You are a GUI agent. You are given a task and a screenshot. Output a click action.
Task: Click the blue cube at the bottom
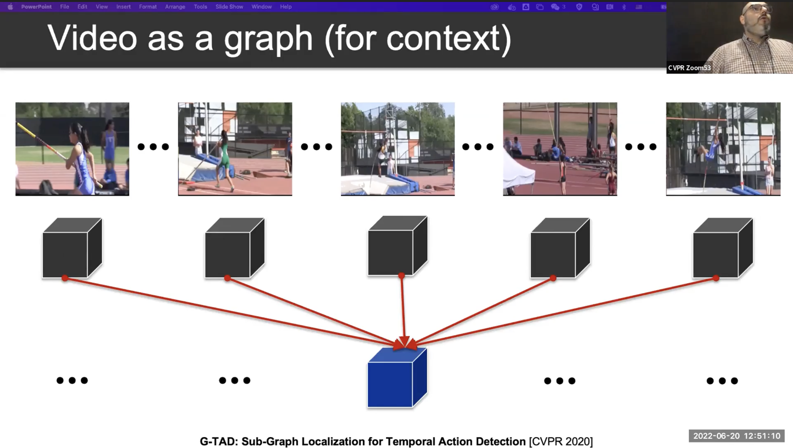(397, 378)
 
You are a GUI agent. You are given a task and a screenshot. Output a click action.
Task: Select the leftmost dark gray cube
(72, 248)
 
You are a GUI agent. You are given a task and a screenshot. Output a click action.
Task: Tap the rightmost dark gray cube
(723, 248)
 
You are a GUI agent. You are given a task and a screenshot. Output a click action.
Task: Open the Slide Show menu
(229, 6)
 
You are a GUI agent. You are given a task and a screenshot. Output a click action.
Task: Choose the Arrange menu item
(175, 6)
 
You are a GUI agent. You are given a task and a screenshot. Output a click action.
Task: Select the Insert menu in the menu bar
(123, 6)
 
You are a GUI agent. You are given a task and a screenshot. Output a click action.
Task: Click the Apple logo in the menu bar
(10, 6)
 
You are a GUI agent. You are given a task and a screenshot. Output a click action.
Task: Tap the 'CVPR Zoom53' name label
(689, 68)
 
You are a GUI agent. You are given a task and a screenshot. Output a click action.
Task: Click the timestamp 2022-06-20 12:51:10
(737, 436)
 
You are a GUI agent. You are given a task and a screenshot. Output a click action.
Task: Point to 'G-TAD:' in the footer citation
(219, 441)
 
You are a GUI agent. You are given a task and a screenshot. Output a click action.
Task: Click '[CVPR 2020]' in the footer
(561, 441)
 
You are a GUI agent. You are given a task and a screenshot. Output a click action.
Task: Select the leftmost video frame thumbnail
(72, 149)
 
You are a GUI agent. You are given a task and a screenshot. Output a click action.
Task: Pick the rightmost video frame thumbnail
(723, 149)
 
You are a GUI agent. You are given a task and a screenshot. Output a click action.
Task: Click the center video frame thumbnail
(397, 149)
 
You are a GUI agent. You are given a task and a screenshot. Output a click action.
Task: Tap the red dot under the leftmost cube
(65, 278)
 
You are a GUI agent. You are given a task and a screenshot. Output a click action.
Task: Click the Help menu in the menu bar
(286, 6)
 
